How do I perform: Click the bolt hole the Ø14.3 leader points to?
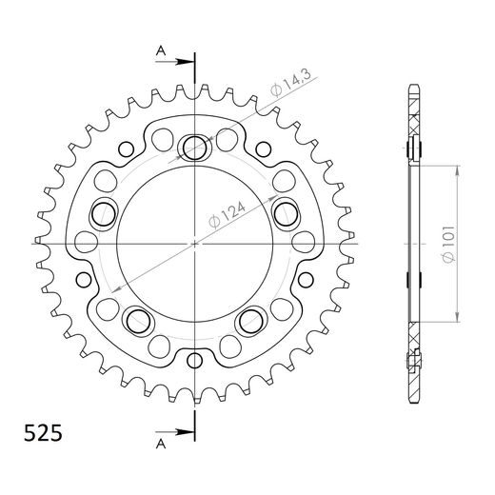click(195, 146)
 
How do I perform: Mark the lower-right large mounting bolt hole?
click(252, 318)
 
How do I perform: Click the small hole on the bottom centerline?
click(195, 360)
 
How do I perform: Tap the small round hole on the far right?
click(306, 280)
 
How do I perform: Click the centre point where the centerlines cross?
click(195, 245)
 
